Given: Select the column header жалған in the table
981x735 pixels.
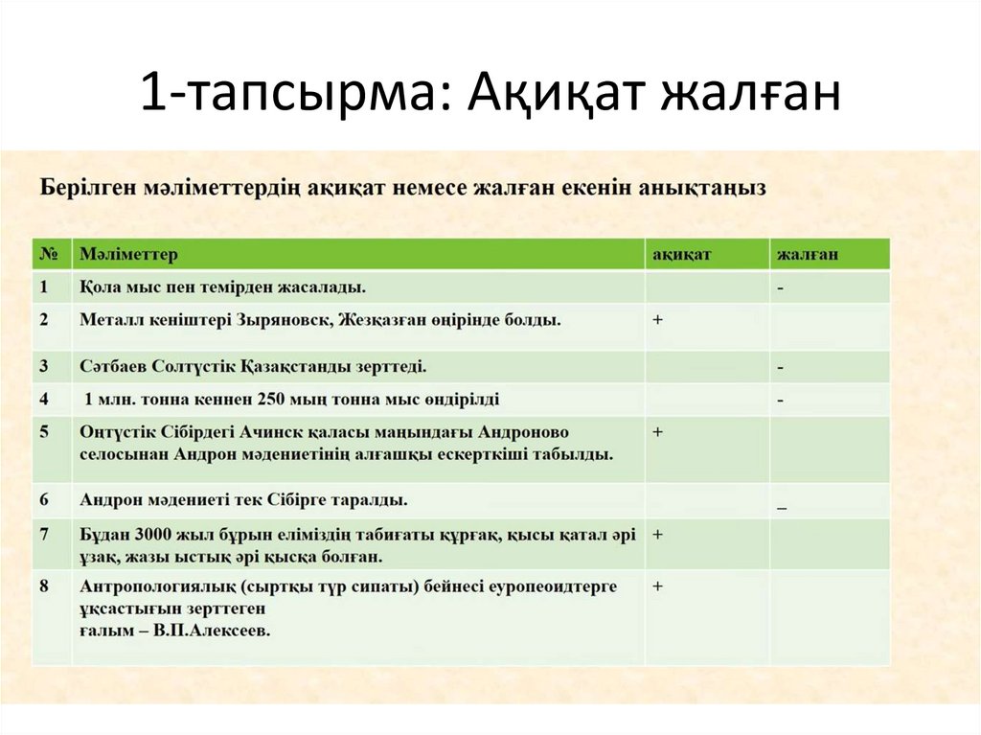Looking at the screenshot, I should click(x=808, y=255).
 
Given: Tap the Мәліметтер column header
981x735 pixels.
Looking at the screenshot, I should click(x=128, y=255).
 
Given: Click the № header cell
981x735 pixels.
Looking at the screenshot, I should click(x=50, y=255).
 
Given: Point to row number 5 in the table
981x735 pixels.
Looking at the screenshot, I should click(x=45, y=432).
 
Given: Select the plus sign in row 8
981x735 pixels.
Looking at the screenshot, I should click(x=658, y=586).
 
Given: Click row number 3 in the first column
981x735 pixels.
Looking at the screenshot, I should click(x=45, y=366).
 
